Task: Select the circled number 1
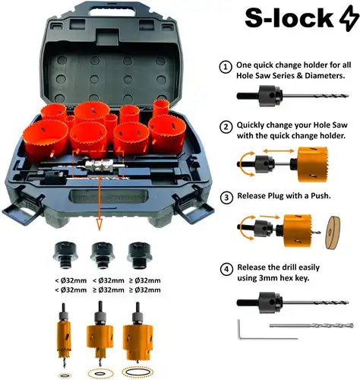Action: (x=225, y=68)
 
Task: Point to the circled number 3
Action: (x=225, y=196)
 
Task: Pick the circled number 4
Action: (x=225, y=268)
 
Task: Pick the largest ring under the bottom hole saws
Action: (x=137, y=372)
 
